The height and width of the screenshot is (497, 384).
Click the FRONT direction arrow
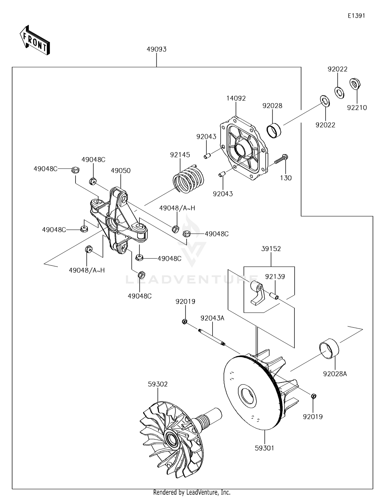(x=35, y=40)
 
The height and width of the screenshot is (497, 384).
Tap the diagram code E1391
(x=356, y=16)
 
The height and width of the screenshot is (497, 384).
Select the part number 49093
(x=156, y=49)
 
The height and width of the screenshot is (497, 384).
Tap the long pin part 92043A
(x=212, y=337)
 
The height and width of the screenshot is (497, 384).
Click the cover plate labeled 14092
(x=243, y=149)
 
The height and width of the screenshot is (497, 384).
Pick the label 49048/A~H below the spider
(x=87, y=270)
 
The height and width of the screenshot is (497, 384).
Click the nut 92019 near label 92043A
(x=184, y=321)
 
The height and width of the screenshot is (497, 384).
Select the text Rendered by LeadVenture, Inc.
(x=192, y=492)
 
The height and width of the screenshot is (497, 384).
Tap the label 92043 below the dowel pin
(x=223, y=194)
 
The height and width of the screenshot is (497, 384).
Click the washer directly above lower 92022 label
(x=325, y=101)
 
